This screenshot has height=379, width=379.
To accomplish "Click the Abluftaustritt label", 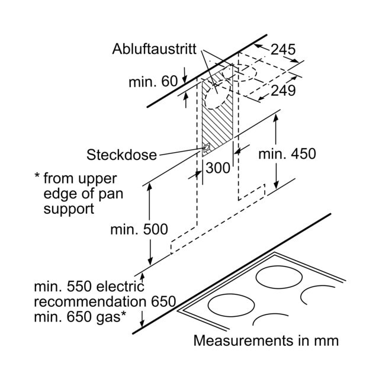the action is tap(154, 49).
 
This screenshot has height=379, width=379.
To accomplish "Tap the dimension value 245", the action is tap(283, 50).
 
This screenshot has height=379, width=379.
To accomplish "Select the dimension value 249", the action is tap(283, 91).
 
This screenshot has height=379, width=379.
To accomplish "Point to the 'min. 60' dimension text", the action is tap(153, 82).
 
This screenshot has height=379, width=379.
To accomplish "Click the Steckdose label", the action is tap(122, 155).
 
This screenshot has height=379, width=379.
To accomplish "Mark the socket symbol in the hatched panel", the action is tap(207, 147).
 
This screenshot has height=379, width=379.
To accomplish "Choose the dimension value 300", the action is tap(218, 168).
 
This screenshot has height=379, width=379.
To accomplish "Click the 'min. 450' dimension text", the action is tap(287, 154).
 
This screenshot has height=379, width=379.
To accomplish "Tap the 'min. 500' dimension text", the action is tap(139, 229).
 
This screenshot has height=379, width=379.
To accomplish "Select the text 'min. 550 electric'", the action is tap(89, 287).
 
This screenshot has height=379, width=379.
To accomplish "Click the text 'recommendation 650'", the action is tap(105, 301).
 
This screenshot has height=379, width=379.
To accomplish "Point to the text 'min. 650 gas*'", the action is tap(80, 317).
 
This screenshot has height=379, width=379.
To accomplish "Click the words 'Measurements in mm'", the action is tap(266, 341).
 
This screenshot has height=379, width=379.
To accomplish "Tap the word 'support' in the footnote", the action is tap(69, 209).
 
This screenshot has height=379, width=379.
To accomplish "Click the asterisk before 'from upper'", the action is tap(37, 176).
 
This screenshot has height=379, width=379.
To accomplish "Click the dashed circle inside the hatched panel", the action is tap(205, 101).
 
